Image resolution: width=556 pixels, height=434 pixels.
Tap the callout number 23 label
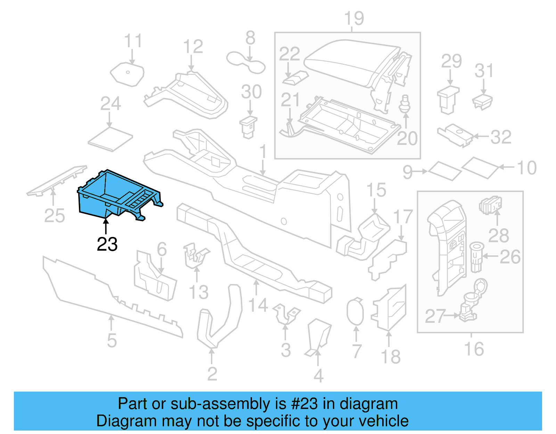click(x=107, y=244)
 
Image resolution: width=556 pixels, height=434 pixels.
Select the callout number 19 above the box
click(x=354, y=18)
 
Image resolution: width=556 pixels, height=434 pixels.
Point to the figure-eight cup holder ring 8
click(x=246, y=63)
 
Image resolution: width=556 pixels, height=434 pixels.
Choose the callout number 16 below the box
click(x=474, y=349)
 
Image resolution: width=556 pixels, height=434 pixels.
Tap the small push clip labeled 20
click(x=404, y=104)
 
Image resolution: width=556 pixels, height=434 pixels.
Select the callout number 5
click(x=112, y=340)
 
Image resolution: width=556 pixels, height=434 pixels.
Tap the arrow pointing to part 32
click(x=481, y=137)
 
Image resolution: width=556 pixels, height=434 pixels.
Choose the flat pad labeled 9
click(x=445, y=171)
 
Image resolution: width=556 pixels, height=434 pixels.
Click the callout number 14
click(x=258, y=305)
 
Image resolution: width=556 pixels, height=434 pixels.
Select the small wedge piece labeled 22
click(x=295, y=77)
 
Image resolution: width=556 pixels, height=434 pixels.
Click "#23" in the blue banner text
click(x=304, y=404)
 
